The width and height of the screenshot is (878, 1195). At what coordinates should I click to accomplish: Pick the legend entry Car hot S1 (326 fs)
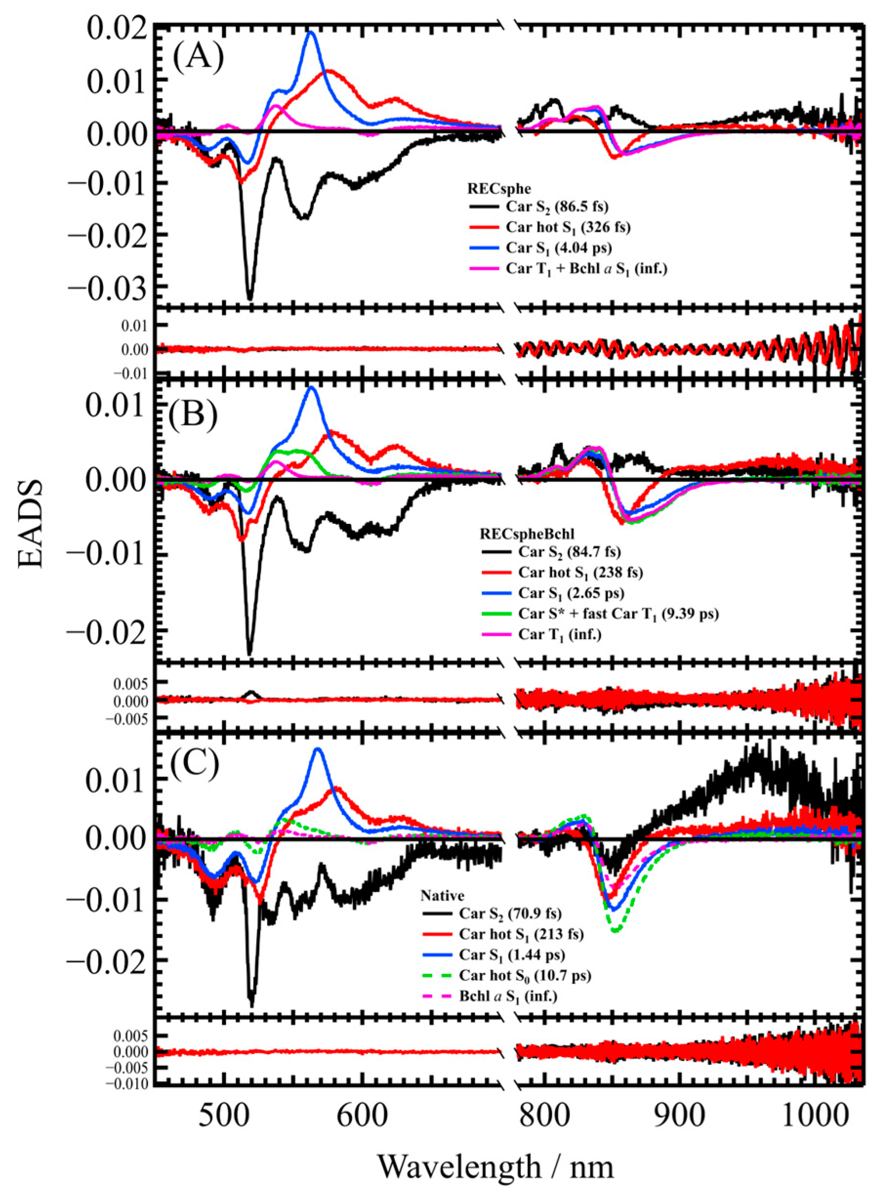tap(568, 228)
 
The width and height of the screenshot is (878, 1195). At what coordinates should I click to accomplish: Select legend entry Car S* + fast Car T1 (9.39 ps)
tap(618, 614)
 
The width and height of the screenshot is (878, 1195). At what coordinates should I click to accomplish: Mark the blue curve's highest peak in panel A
tap(311, 33)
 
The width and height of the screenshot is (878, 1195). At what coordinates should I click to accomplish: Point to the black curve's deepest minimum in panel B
tap(249, 653)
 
